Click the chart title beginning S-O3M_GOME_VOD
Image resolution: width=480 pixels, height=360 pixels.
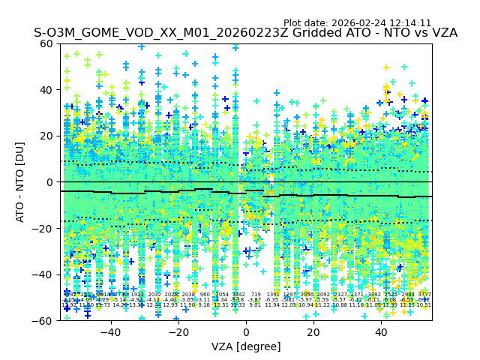pos(245,33)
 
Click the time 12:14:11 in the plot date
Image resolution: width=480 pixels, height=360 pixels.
pos(410,23)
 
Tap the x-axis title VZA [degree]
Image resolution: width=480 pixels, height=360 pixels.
pos(246,346)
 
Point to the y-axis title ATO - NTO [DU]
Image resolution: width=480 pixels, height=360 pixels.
pos(21,182)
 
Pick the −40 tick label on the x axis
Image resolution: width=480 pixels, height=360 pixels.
pos(110,331)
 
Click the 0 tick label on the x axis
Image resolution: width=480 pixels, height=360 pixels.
pos(246,331)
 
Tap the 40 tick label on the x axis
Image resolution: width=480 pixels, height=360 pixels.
pos(381,331)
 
